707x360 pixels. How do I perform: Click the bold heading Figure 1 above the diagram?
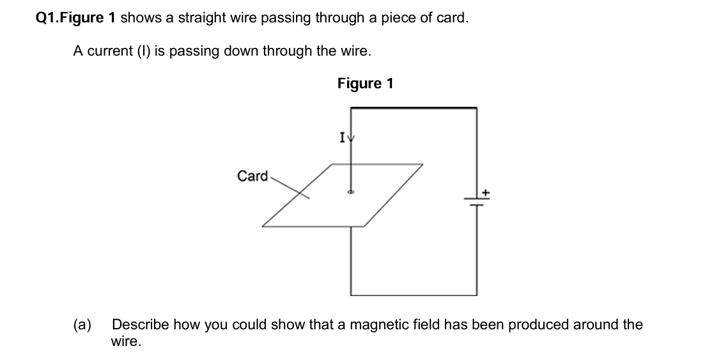(x=365, y=84)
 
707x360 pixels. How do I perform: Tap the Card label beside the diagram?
(x=252, y=176)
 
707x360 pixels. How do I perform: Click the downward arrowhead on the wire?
(x=350, y=138)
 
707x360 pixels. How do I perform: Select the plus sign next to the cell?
(x=485, y=191)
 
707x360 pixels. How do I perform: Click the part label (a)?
(x=81, y=325)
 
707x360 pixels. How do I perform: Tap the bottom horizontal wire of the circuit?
(x=413, y=295)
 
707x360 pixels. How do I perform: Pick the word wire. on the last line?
(x=125, y=342)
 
